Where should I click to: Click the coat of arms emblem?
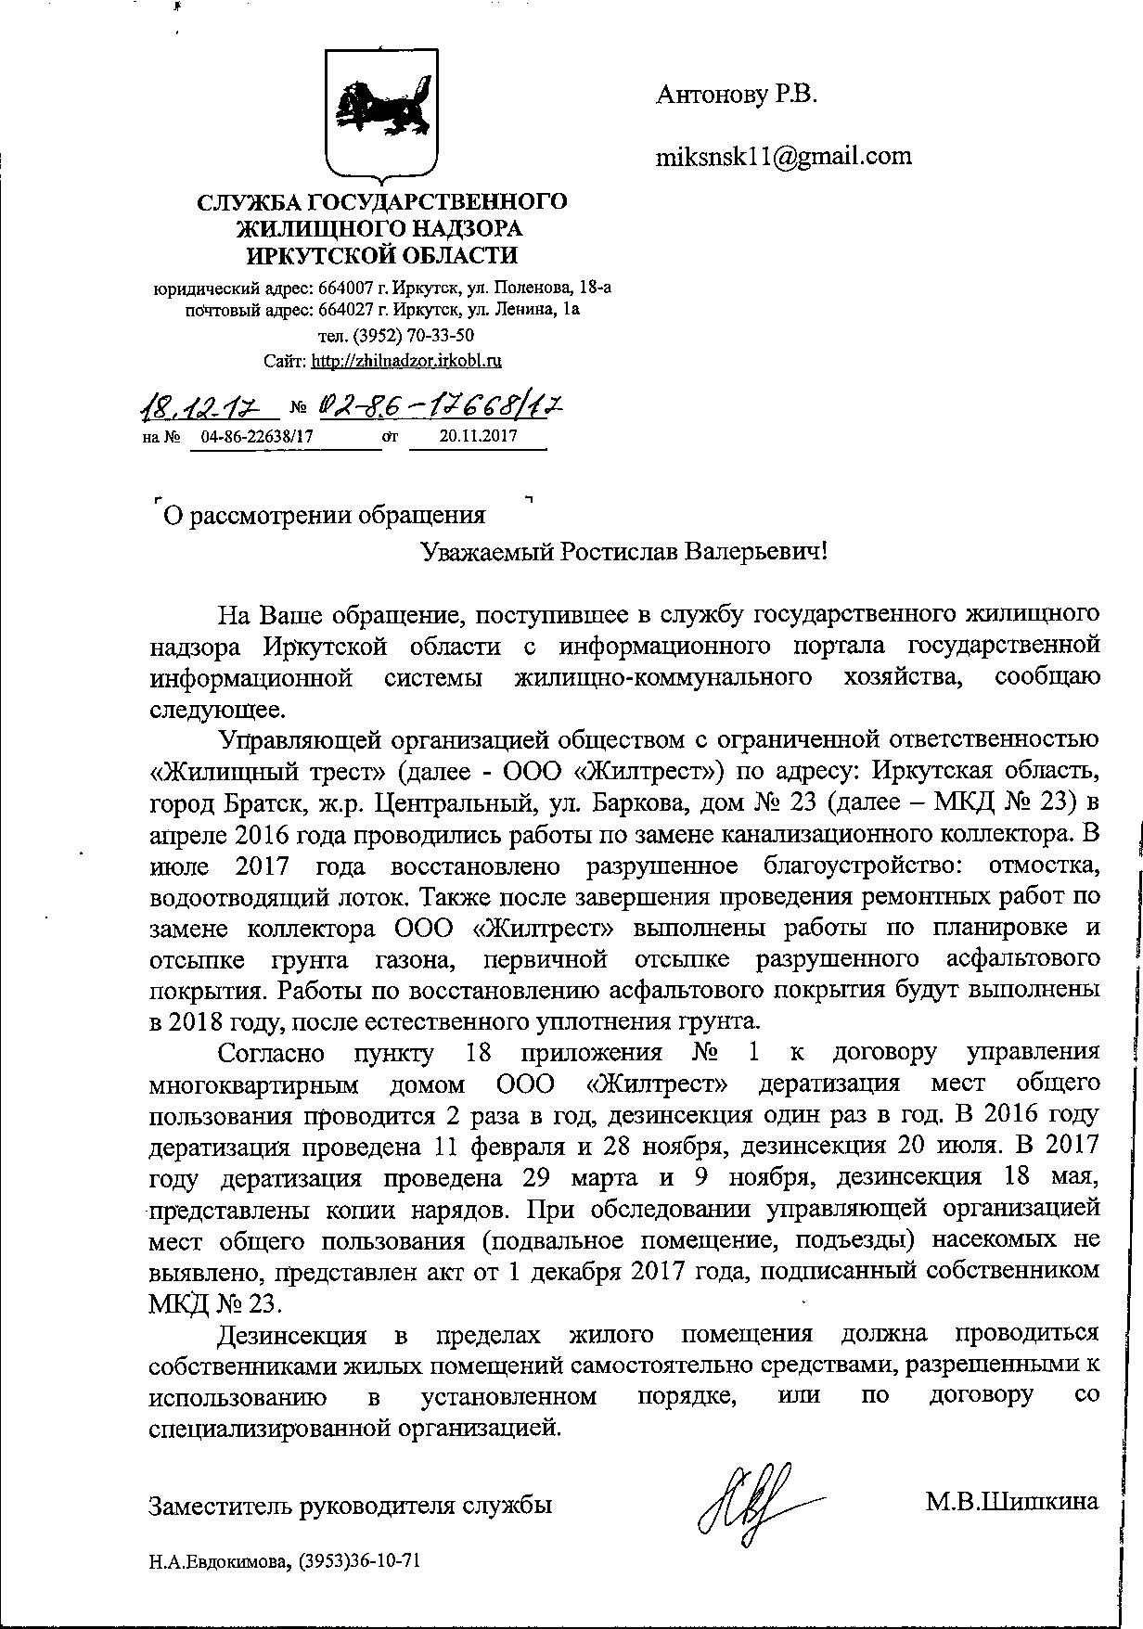click(382, 114)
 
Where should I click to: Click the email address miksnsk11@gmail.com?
click(784, 156)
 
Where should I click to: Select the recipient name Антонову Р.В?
click(737, 94)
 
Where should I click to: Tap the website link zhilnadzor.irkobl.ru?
click(406, 360)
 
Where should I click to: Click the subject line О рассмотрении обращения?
click(324, 515)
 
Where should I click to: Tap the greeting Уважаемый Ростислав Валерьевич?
click(623, 552)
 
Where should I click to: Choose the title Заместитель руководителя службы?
click(351, 1504)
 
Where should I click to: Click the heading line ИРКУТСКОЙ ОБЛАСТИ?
click(382, 254)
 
